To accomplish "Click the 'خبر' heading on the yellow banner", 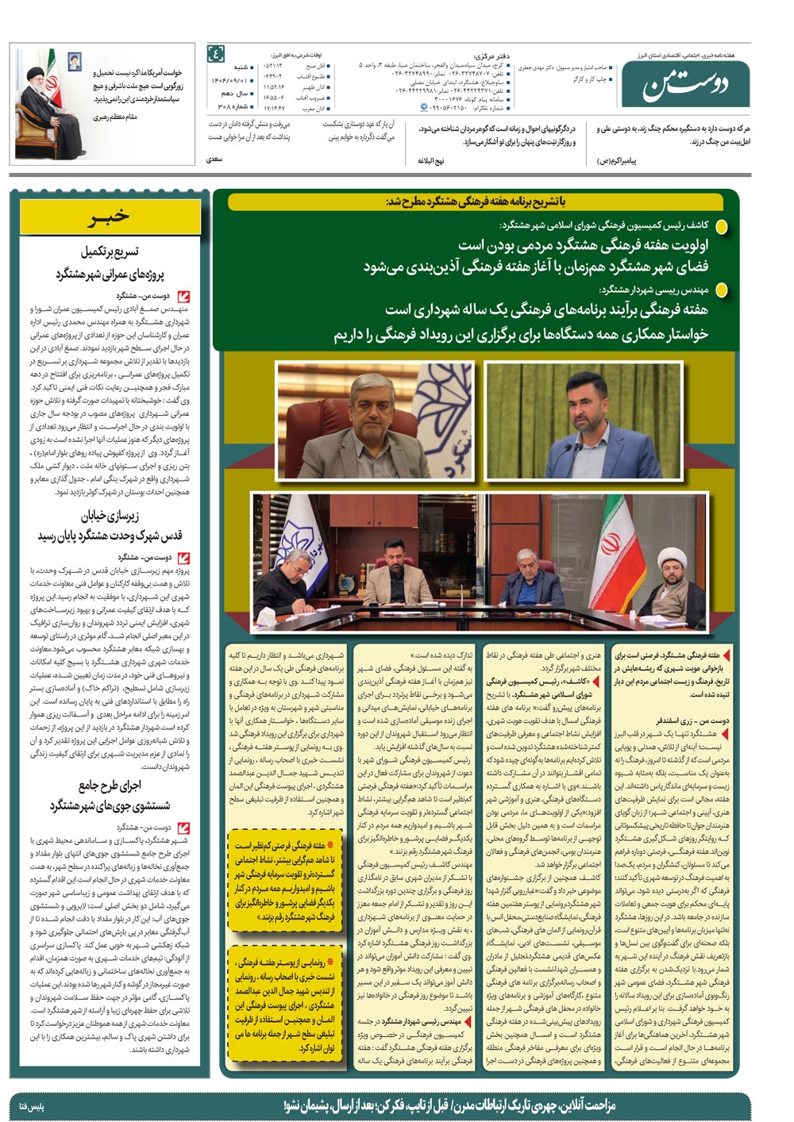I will (x=110, y=217).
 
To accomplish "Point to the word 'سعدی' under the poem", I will (x=214, y=159).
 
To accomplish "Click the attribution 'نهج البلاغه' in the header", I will (x=431, y=160).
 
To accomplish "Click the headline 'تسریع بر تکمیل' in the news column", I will (x=110, y=252).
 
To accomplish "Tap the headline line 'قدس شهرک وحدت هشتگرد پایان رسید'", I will (x=110, y=536).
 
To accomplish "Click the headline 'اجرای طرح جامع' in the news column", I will (x=110, y=786).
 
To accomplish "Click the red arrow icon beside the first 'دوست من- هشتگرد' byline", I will (x=184, y=296).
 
